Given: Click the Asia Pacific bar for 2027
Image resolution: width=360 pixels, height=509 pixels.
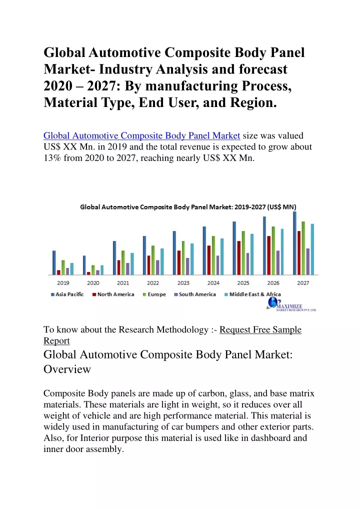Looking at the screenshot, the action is point(295,243).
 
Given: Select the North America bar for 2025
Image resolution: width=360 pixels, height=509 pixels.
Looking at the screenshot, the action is point(239,258).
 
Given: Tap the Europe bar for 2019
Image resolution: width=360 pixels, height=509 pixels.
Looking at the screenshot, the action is point(63,267).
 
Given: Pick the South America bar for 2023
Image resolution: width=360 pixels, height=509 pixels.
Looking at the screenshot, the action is point(187,266).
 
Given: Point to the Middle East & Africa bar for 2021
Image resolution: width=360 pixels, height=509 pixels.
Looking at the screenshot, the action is point(132,264).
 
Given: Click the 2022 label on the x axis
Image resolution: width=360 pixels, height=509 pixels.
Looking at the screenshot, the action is point(153,283).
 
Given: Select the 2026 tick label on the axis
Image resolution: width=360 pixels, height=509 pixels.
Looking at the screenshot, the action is point(273,283).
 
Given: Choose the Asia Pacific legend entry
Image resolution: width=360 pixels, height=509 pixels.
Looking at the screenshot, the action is point(67,294).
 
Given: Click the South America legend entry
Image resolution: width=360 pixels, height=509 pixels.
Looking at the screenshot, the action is point(195,294).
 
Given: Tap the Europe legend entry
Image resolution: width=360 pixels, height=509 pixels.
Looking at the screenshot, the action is point(154,294).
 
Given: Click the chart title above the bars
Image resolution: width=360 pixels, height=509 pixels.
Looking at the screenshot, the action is point(188,207).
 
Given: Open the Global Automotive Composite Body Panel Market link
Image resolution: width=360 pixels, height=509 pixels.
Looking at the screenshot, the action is point(142,135).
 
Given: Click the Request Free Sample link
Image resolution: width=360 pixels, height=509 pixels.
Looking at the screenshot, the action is point(260,329).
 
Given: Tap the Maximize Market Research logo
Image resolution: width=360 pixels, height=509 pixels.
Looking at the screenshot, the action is point(291,304).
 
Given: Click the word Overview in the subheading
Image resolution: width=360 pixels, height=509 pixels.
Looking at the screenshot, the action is point(67,369).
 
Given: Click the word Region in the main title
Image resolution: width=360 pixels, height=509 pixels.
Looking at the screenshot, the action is point(253,102).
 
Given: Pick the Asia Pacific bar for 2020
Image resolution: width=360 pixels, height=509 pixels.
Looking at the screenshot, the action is point(84,265).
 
